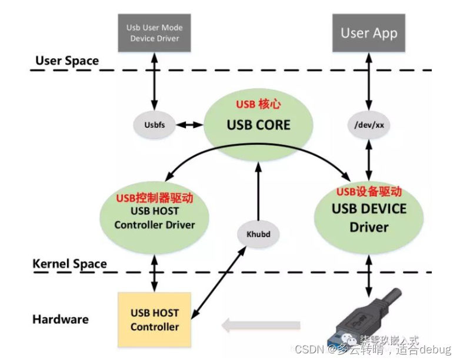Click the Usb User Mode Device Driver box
coord(154,33)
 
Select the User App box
coord(369,33)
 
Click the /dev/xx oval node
coord(369,125)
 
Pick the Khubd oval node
coord(258,234)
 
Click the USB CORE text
coord(259,125)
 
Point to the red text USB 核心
coord(258,105)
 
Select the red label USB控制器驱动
coord(155,198)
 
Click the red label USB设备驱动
coord(369,192)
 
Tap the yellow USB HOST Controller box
coord(155,320)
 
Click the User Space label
coord(67,61)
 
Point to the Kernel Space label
coord(69,264)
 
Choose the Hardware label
coord(61,320)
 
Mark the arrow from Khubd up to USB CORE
coord(258,188)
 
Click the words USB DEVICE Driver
coord(369,217)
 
